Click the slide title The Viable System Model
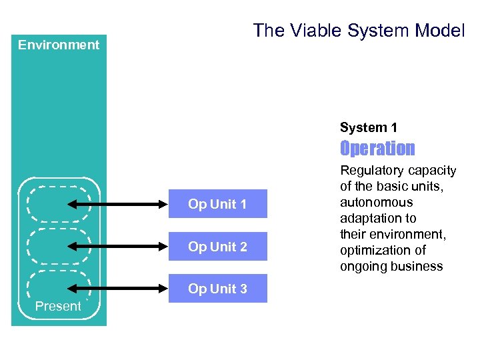[359, 31]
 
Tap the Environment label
[59, 45]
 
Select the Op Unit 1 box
[217, 204]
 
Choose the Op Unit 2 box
[217, 247]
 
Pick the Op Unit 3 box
[217, 289]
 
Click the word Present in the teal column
[58, 306]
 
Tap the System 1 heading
[369, 127]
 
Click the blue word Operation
[377, 148]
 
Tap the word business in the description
[418, 267]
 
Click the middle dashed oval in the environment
[58, 246]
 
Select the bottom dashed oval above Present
[58, 283]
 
